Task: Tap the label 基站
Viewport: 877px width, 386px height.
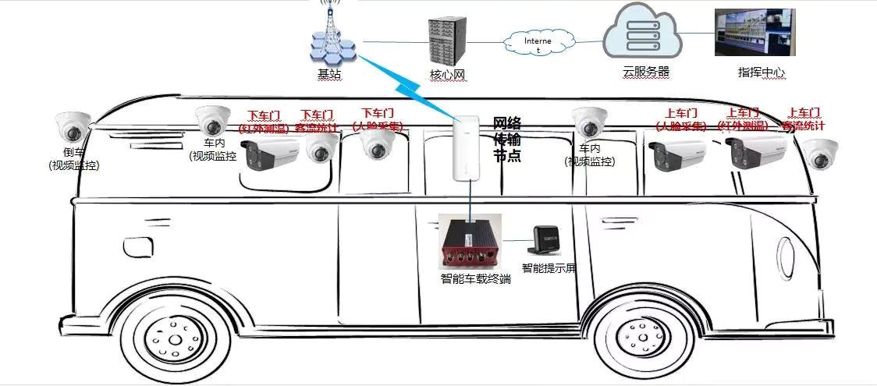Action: tap(329, 74)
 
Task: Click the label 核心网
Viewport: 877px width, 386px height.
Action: tap(447, 76)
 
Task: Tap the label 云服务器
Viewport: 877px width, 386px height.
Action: tap(646, 72)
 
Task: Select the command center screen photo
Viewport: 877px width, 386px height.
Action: tap(755, 32)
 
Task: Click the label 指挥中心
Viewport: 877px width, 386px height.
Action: tap(761, 73)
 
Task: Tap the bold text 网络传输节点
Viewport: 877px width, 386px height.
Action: tap(506, 140)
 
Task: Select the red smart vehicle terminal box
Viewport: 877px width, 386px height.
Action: tap(468, 241)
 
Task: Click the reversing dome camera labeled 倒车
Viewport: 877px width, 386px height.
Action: tap(73, 126)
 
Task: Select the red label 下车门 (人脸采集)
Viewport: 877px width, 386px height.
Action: tap(378, 119)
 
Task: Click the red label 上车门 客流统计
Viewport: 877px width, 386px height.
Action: tap(804, 119)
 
